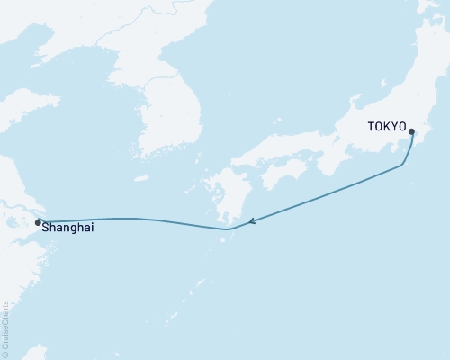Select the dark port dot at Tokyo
411,133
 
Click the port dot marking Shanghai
38,221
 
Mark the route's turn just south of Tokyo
402,164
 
